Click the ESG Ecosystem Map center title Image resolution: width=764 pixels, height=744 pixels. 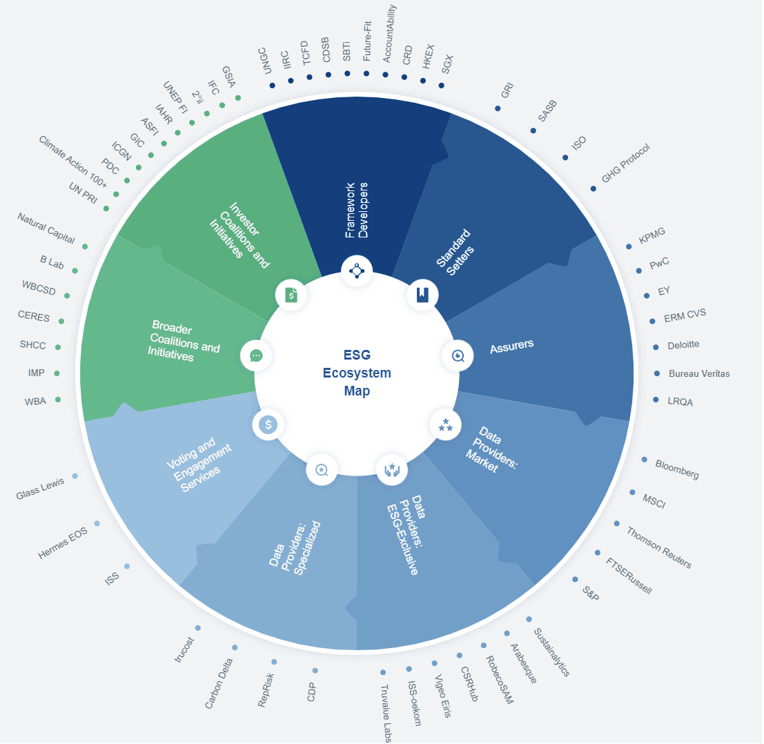coord(357,373)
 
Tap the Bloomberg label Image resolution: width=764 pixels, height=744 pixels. coord(677,469)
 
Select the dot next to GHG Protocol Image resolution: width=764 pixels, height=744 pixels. coord(593,188)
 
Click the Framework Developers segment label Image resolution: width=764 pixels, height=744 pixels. coord(357,211)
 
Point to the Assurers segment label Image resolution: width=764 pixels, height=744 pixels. coord(511,346)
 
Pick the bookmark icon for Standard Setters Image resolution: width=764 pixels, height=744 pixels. coord(422,295)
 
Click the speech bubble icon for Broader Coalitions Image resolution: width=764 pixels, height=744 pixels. coord(256,355)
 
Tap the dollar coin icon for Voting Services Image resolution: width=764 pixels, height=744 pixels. coord(268,425)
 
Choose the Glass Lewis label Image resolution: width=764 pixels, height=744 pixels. coord(40,488)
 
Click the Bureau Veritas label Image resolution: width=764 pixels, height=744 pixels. coord(699,373)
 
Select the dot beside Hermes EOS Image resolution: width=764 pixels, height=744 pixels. coord(97,524)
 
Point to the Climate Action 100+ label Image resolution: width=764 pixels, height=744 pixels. coord(72,161)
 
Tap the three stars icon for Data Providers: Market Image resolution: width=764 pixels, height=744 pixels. coord(445,425)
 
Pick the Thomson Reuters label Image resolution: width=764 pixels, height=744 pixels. coord(659,547)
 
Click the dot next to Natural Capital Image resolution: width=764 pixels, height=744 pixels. coord(85,246)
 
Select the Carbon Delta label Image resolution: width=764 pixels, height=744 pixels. coord(218,683)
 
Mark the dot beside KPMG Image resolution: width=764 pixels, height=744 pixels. coord(629,246)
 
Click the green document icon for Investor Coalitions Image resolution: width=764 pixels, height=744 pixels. coord(291,295)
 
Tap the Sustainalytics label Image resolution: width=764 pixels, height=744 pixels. coord(551,652)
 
